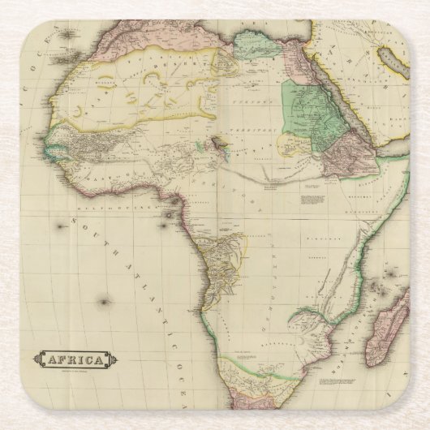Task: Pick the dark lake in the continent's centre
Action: (x=217, y=142)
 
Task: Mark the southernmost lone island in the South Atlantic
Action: (x=104, y=302)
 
